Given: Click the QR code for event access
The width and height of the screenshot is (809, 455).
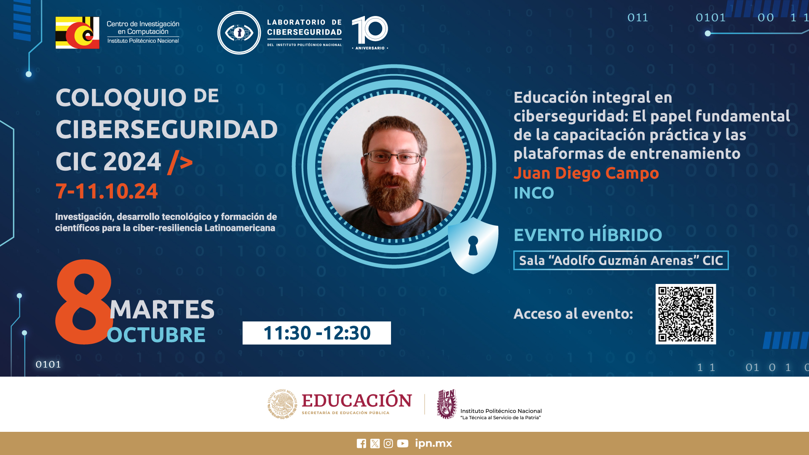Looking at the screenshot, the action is [686, 314].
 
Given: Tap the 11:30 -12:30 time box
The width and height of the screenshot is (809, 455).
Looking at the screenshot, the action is [316, 333].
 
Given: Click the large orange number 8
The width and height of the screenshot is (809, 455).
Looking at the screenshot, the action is [84, 302].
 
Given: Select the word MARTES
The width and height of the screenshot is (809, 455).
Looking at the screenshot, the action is [162, 309].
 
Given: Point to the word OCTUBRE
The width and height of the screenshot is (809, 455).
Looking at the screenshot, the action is [156, 335].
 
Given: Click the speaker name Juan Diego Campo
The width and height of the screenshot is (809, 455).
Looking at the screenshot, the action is [586, 173].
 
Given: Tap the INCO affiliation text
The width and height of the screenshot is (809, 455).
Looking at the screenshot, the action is [534, 193].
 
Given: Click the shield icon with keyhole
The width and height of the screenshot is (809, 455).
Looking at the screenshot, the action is [473, 245].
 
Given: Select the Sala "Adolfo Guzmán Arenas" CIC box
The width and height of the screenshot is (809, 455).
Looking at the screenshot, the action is [621, 260].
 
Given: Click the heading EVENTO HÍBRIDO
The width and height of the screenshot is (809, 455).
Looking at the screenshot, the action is [588, 235].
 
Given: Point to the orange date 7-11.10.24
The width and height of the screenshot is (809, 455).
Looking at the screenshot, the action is [107, 191].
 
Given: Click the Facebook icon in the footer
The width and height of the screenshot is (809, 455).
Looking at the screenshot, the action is [362, 444].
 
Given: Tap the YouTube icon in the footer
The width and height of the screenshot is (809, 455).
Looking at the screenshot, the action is [402, 444].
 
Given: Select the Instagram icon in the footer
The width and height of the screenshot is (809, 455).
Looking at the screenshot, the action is [388, 444].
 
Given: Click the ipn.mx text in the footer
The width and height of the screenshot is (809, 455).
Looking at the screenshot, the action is [434, 443].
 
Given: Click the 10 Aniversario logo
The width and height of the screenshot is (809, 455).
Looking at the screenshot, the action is [370, 33].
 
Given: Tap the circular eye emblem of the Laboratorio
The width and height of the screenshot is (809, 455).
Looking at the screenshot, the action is [239, 33].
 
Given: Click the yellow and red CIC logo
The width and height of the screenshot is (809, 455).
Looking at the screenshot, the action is [78, 33].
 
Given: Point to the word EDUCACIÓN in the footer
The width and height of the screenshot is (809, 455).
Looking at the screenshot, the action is [357, 400].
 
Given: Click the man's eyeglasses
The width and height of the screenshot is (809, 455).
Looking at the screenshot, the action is [394, 158].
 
